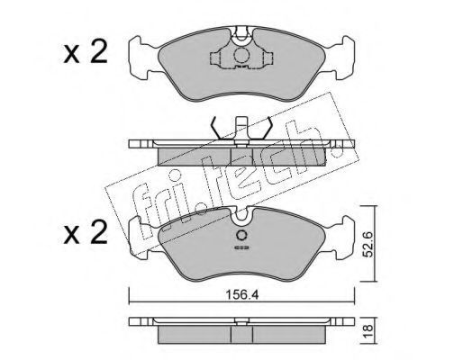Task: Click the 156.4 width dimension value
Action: pyautogui.click(x=241, y=295)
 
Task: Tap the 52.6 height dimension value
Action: pyautogui.click(x=368, y=244)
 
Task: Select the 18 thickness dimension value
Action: pyautogui.click(x=368, y=331)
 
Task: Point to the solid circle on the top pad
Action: pyautogui.click(x=241, y=55)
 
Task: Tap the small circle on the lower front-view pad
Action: pyautogui.click(x=241, y=235)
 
